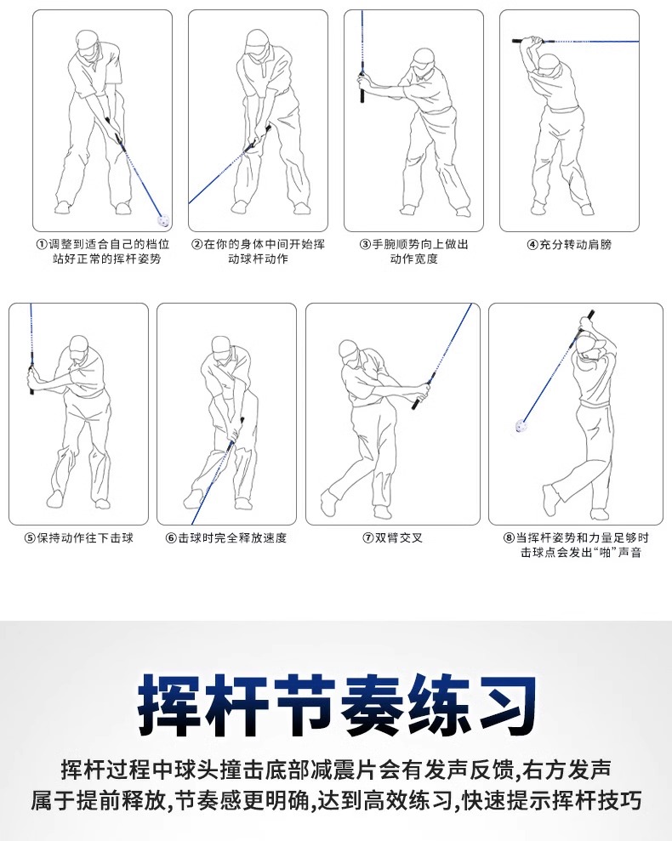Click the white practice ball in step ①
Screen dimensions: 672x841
pos(162,220)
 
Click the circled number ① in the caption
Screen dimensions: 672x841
pos(42,245)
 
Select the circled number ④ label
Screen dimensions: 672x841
pos(532,245)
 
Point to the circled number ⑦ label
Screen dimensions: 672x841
pos(368,538)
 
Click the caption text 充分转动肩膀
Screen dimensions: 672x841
pos(575,245)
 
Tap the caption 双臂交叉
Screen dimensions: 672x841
pos(399,538)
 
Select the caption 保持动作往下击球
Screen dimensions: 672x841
pos(85,538)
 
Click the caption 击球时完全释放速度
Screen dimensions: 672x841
pos(232,538)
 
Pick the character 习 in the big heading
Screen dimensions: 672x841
pos(504,705)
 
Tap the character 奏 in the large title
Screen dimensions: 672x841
pos(370,705)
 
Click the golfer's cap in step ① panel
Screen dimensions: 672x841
pos(89,39)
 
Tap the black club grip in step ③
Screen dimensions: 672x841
pos(362,89)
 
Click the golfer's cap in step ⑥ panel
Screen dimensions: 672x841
pos(220,344)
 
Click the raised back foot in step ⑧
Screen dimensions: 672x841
pos(550,500)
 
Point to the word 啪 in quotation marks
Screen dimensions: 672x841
pos(606,553)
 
